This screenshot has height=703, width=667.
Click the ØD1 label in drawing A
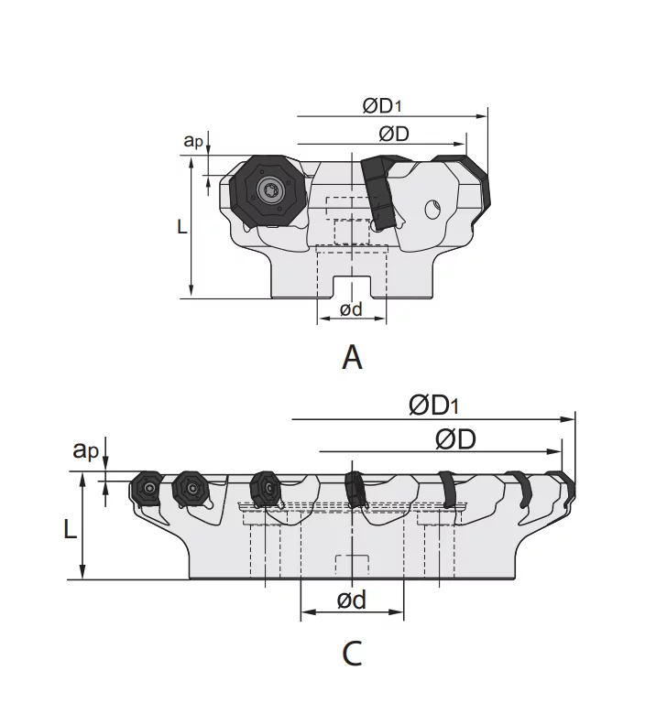(x=383, y=105)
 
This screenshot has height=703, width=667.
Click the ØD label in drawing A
(x=393, y=134)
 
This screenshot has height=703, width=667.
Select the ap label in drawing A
(x=192, y=140)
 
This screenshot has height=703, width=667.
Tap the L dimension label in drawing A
(x=182, y=225)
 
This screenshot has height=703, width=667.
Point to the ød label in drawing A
(x=351, y=309)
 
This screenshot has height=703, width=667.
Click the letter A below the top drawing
(x=352, y=357)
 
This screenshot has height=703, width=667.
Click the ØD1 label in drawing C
(x=434, y=405)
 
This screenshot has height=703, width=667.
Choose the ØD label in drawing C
(x=455, y=439)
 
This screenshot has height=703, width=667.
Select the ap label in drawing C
(x=86, y=449)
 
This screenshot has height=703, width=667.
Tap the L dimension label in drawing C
(x=71, y=528)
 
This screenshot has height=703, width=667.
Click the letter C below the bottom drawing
(x=352, y=654)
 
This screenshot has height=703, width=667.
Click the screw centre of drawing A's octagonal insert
(x=271, y=191)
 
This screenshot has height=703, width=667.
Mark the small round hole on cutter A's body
(x=432, y=210)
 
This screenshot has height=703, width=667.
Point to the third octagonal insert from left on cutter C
(x=265, y=488)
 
